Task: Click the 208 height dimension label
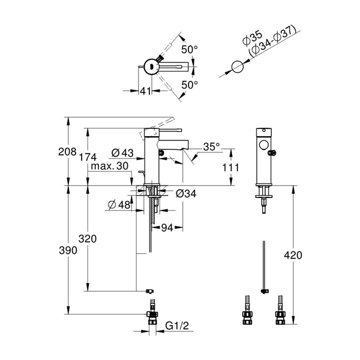tap(67, 152)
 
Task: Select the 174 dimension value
tap(88, 157)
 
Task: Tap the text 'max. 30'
tap(110, 166)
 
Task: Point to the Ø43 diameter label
tap(122, 152)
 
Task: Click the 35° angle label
tap(211, 147)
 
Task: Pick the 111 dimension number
tap(231, 167)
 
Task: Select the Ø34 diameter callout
tap(186, 194)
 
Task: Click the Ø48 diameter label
tap(119, 205)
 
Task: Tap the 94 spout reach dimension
tap(167, 228)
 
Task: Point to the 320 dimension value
tap(88, 239)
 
